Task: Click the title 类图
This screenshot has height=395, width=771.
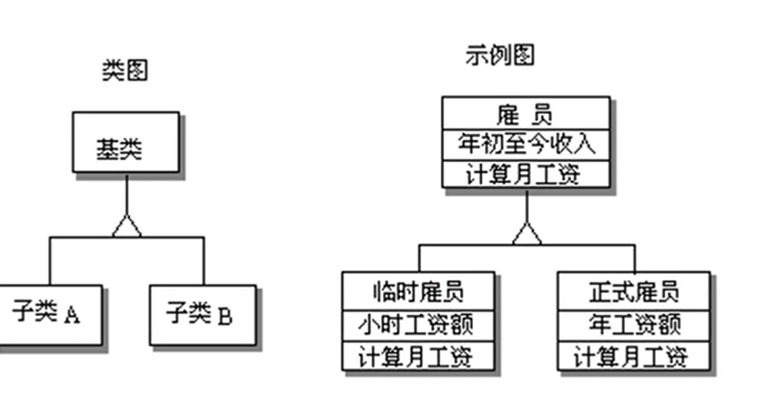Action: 125,69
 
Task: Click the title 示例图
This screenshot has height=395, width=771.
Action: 499,55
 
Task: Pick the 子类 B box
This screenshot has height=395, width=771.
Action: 202,315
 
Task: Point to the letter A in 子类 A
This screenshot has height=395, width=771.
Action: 72,316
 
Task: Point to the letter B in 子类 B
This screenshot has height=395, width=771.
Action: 224,317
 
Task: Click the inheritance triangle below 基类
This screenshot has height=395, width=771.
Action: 127,227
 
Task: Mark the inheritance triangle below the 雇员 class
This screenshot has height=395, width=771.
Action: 527,234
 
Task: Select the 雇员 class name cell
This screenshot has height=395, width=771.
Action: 526,112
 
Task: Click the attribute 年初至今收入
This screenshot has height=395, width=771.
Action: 526,144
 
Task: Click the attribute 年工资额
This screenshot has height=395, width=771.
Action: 635,324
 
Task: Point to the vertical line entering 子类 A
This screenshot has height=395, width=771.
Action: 50,261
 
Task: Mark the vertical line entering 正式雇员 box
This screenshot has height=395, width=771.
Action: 635,258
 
